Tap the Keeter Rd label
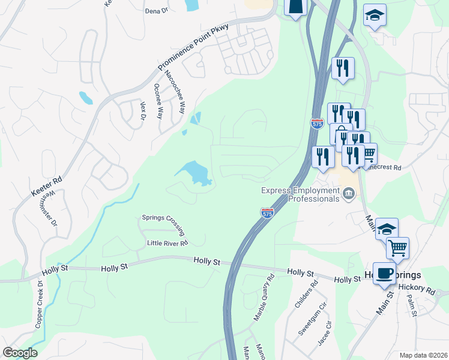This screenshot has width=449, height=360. pyautogui.click(x=47, y=186)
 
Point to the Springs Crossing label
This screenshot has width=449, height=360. pyautogui.click(x=163, y=226)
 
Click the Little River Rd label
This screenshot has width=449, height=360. pyautogui.click(x=167, y=243)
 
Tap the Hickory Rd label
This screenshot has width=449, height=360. pyautogui.click(x=420, y=289)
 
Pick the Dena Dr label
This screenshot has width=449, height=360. pyautogui.click(x=155, y=11)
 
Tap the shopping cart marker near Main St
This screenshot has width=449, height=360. pyautogui.click(x=397, y=247)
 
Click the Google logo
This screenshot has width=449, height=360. pyautogui.click(x=20, y=352)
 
